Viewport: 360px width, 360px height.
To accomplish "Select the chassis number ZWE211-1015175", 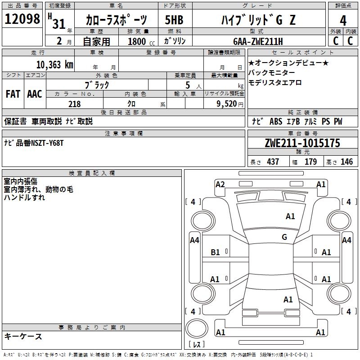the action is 302,144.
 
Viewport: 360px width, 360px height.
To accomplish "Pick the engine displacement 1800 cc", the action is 137,41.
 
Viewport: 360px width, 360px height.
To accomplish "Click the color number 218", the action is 74,104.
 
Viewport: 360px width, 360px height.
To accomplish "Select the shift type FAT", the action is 13,94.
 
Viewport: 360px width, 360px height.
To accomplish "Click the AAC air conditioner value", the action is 34,94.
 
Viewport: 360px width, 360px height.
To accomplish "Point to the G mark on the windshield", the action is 284,237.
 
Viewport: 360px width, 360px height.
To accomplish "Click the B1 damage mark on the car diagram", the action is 216,252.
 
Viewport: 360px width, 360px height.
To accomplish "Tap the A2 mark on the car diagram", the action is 220,184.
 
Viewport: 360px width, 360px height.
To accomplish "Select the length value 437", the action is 273,162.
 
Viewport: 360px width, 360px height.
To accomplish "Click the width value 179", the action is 310,162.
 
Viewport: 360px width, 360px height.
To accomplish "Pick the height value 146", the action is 346,162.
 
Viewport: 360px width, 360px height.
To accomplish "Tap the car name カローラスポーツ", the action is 116,21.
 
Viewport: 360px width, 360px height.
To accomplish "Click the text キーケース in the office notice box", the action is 23,337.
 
